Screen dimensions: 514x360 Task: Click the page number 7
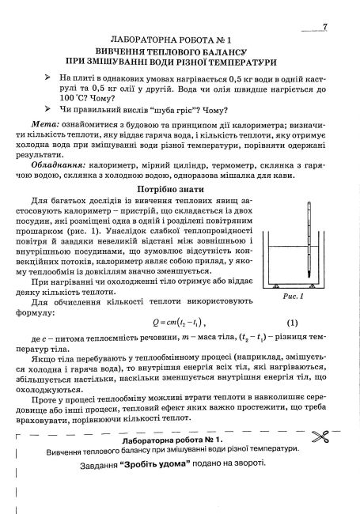click(x=325, y=27)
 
